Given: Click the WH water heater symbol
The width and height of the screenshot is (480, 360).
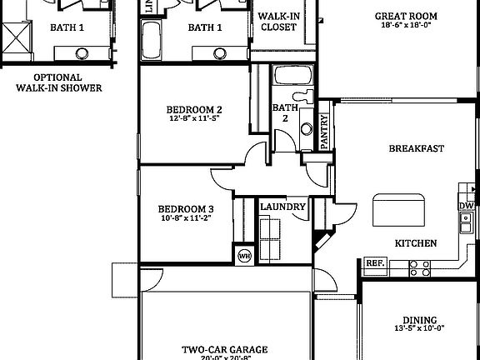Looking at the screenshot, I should (245, 255).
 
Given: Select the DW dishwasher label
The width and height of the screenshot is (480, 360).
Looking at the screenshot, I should (466, 206).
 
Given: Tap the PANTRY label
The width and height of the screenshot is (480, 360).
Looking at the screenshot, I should (325, 131).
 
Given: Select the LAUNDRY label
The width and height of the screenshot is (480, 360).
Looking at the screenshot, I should (282, 207).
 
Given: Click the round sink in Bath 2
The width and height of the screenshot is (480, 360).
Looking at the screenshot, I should (307, 129).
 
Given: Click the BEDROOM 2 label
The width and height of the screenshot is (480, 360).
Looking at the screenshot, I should (193, 109).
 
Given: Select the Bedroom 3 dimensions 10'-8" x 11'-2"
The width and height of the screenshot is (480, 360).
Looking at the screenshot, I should (187, 218).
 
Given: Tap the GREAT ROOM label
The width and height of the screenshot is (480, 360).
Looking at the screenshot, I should (406, 16).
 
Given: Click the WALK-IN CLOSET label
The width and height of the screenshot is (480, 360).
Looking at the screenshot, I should (278, 22).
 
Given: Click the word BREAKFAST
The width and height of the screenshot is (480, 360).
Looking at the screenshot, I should (416, 149).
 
